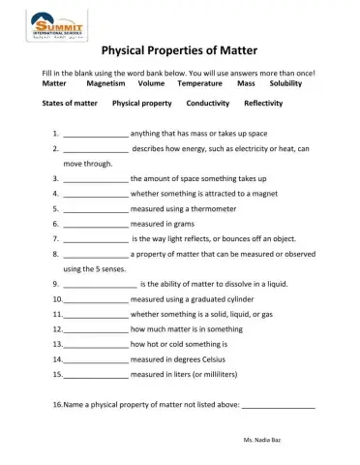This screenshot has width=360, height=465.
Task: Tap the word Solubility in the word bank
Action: [x=285, y=84]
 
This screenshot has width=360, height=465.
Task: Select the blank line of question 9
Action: [x=101, y=285]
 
